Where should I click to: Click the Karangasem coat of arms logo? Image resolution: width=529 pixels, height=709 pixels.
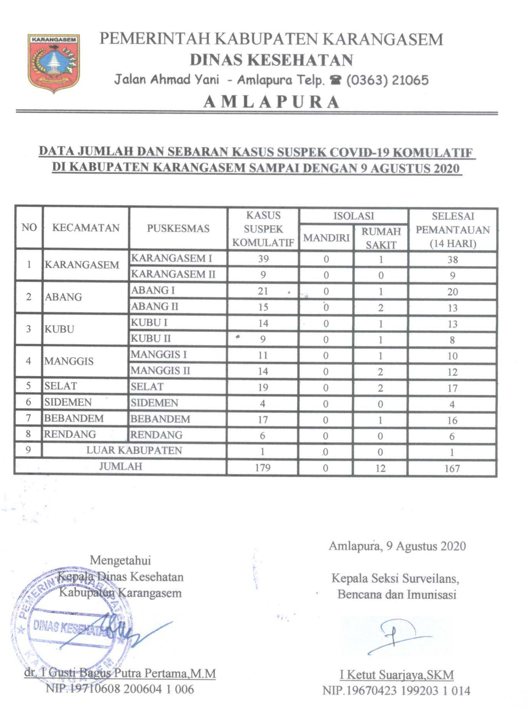[x=54, y=63]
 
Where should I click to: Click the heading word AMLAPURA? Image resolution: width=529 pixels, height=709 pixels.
[x=271, y=102]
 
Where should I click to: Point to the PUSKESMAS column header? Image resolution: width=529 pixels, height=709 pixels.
[x=178, y=229]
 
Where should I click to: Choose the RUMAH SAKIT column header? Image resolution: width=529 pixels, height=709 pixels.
[x=381, y=238]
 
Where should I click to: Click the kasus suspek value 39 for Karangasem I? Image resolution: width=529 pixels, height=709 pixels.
[x=263, y=259]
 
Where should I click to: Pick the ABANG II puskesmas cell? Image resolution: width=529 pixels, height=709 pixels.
[x=155, y=307]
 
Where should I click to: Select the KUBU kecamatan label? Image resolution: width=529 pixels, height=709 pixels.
[x=59, y=329]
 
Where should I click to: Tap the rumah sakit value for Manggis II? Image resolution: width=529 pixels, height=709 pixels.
[x=380, y=372]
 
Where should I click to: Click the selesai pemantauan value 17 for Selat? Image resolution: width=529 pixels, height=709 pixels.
[x=452, y=388]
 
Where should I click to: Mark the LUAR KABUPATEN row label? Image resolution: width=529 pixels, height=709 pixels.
[x=134, y=451]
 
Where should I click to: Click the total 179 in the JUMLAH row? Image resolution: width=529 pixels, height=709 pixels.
[x=263, y=468]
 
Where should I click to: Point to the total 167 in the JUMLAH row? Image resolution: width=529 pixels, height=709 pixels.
[x=452, y=468]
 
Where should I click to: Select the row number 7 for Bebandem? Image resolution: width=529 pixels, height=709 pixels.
[x=28, y=418]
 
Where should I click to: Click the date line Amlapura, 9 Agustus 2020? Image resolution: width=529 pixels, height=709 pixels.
[x=397, y=546]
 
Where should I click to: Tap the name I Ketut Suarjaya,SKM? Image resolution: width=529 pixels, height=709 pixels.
[x=397, y=675]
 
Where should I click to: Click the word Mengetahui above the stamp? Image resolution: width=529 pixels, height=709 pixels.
[x=120, y=560]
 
